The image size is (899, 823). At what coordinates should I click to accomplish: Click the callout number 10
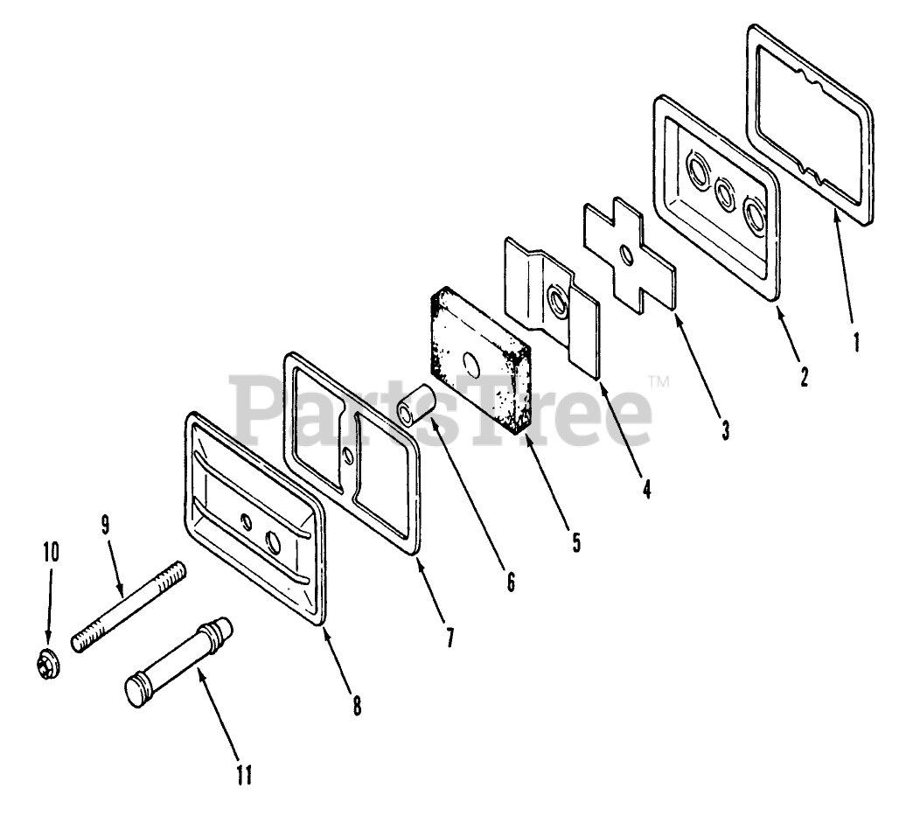51,552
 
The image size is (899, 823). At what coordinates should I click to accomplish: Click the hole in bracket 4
554,302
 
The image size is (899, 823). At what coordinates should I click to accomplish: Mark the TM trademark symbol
659,381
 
